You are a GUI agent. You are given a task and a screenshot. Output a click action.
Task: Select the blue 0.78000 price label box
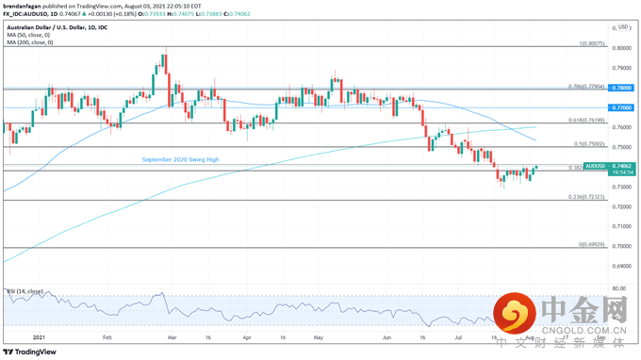(621, 88)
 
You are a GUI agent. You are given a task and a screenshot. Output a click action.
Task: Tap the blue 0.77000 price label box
(621, 108)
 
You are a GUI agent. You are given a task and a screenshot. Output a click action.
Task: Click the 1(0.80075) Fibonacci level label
(591, 43)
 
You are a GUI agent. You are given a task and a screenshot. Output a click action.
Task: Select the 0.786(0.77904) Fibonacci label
(585, 86)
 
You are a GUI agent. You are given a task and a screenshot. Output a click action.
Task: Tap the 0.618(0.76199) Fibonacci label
(585, 121)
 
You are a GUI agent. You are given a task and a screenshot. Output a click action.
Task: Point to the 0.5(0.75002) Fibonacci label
(589, 144)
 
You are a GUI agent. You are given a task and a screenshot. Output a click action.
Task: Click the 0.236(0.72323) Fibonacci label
(585, 197)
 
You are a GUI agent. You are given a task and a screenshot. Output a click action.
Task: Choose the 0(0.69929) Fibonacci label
(591, 244)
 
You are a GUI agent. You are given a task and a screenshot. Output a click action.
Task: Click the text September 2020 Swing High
(180, 160)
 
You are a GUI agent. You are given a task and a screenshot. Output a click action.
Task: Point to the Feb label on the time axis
(107, 335)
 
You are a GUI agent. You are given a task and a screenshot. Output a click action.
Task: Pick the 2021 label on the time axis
(39, 335)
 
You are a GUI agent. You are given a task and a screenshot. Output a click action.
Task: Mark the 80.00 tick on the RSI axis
(619, 290)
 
